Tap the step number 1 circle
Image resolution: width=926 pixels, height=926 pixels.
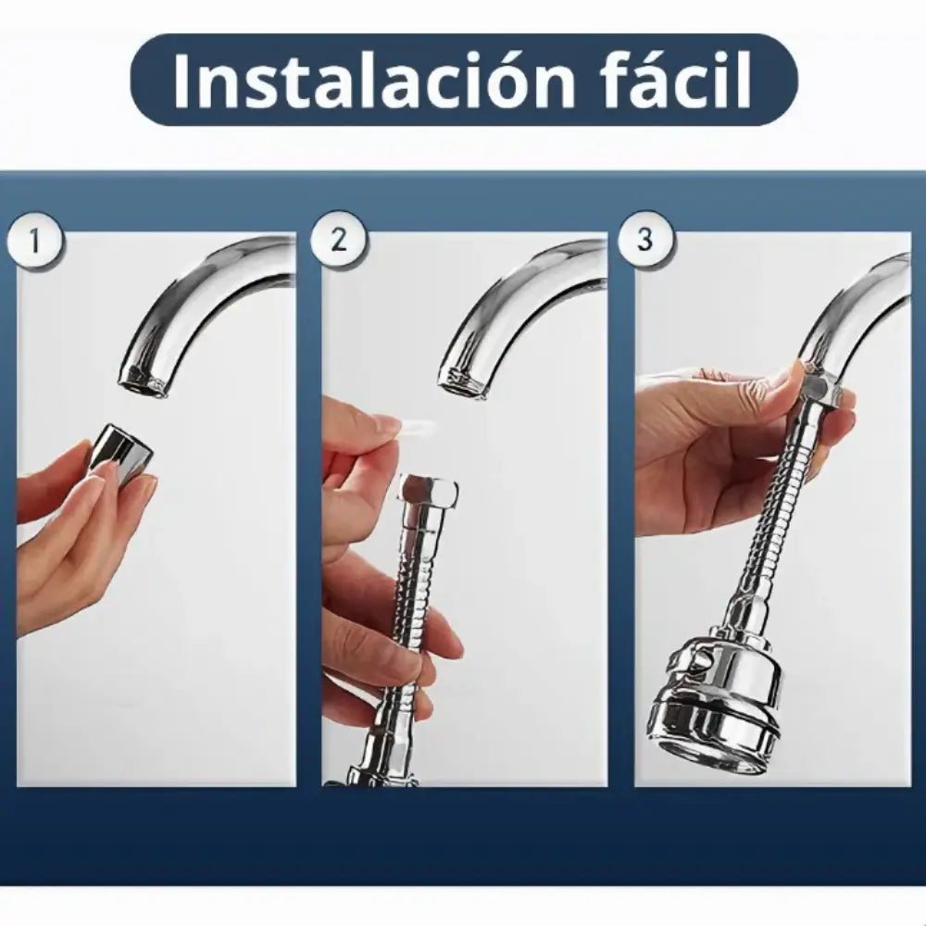pos(34,242)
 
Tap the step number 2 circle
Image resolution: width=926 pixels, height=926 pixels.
pos(339,241)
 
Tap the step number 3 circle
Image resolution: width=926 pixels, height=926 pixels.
pos(644,241)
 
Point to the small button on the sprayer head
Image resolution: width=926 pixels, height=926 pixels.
pos(697,660)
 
